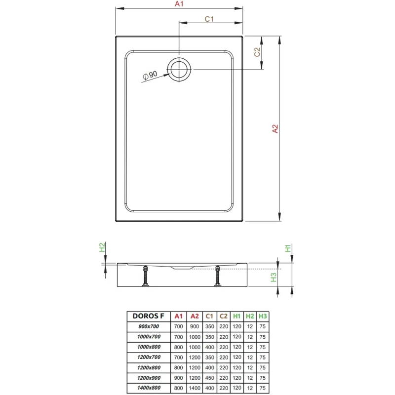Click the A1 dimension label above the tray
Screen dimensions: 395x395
pyautogui.click(x=179, y=4)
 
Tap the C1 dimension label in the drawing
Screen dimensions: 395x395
pyautogui.click(x=209, y=19)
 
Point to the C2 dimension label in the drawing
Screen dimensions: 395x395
pyautogui.click(x=257, y=52)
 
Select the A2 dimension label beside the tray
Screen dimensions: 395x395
pyautogui.click(x=275, y=129)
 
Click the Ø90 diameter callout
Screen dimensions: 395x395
pyautogui.click(x=150, y=75)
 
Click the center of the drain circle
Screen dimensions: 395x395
pyautogui.click(x=179, y=69)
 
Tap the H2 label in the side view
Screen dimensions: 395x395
pyautogui.click(x=102, y=247)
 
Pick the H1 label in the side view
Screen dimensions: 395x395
pyautogui.click(x=288, y=248)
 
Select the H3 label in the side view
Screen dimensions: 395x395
pyautogui.click(x=274, y=277)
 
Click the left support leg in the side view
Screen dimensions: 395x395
pyautogui.click(x=146, y=276)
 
